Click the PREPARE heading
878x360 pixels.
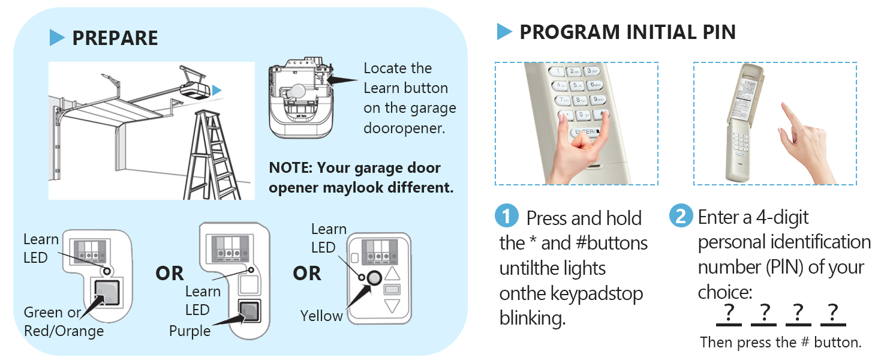tap(115, 38)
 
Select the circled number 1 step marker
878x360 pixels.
tap(507, 216)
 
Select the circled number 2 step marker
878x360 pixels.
tap(681, 216)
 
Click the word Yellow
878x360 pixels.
tap(321, 316)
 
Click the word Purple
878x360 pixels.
tap(190, 331)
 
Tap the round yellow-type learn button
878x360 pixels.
tap(374, 277)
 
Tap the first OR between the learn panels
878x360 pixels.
tap(170, 274)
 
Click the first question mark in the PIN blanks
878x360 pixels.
tap(729, 313)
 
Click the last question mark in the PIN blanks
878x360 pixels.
tap(832, 313)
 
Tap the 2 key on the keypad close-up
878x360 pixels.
tap(573, 72)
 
